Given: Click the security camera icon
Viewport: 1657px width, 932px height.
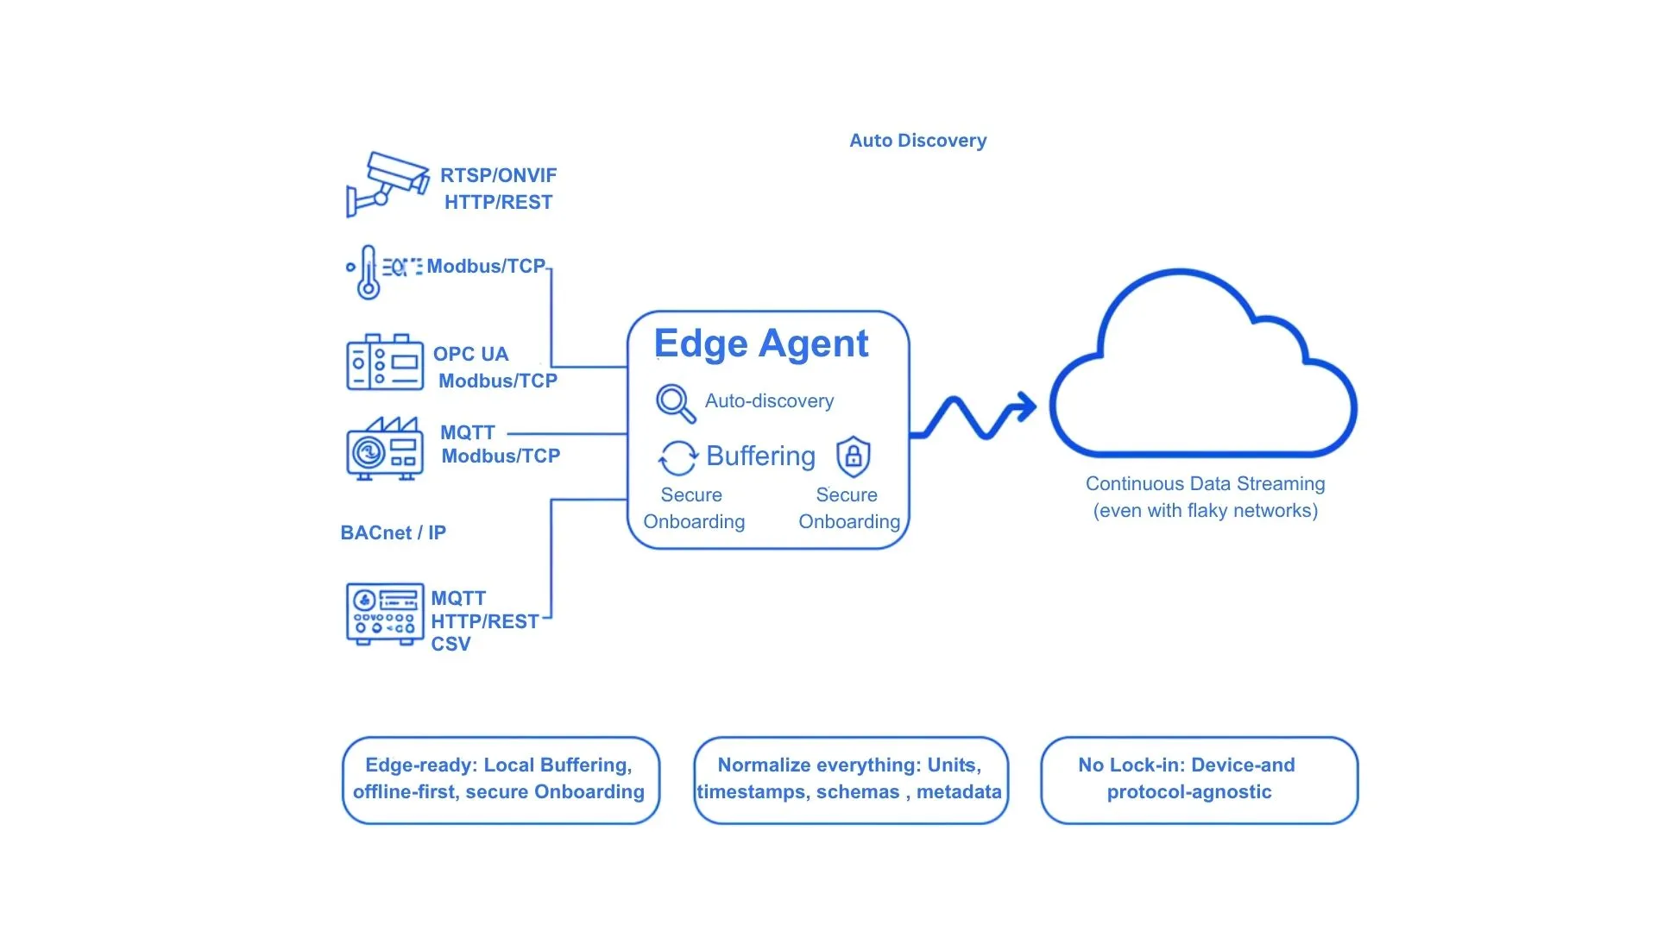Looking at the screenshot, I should click(387, 184).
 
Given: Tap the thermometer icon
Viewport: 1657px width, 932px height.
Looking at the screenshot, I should click(369, 273).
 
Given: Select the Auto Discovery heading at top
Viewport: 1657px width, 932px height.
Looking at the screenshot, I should click(917, 141).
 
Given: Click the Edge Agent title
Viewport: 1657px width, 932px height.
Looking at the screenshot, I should click(760, 343).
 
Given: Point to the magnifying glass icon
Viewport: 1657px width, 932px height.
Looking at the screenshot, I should click(674, 402).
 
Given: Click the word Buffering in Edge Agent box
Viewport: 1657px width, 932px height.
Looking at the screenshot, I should click(760, 456).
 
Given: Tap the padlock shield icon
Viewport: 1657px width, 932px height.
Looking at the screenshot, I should click(853, 457).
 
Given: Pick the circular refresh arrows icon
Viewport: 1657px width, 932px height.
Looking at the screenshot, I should click(677, 458).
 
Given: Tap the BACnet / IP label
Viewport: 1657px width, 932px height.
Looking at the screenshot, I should click(393, 533).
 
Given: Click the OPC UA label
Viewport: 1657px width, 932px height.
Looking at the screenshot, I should click(470, 355).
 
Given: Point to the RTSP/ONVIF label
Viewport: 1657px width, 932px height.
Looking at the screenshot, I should click(498, 176).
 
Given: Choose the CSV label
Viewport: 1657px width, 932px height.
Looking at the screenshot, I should click(450, 645).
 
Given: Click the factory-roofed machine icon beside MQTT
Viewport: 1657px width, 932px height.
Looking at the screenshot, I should click(385, 449).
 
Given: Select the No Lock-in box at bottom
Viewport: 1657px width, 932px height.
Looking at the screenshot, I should click(1199, 779).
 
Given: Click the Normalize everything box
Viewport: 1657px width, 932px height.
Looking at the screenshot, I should click(850, 779).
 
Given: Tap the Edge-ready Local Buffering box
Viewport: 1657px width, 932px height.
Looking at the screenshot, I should click(500, 779).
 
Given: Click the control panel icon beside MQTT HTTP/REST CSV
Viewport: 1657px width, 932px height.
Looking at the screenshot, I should click(385, 614).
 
